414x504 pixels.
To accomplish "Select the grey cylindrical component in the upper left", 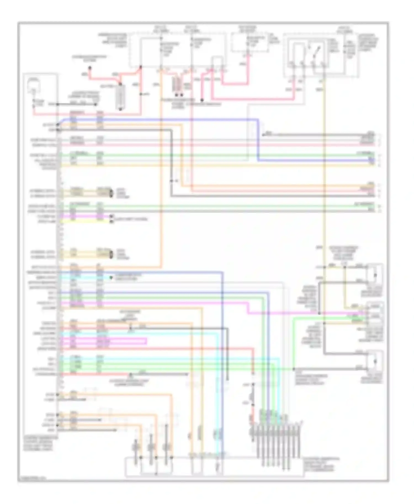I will [x=120, y=96].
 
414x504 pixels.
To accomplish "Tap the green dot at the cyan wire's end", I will [x=111, y=277].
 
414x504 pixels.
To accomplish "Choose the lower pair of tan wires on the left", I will [x=86, y=254].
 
